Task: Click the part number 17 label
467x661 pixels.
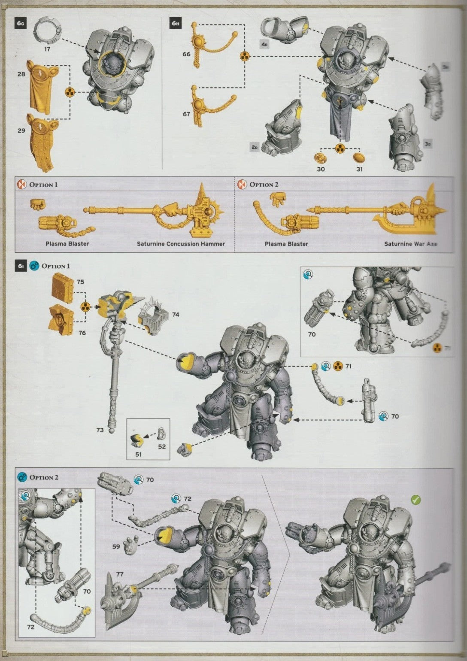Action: pyautogui.click(x=48, y=49)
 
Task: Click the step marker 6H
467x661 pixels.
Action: pyautogui.click(x=175, y=24)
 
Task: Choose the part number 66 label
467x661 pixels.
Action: pyautogui.click(x=186, y=54)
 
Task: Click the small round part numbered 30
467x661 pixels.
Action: pyautogui.click(x=321, y=158)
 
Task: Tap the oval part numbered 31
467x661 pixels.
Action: pyautogui.click(x=359, y=158)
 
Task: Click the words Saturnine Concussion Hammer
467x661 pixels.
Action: pyautogui.click(x=181, y=244)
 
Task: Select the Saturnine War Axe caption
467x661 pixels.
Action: pyautogui.click(x=410, y=244)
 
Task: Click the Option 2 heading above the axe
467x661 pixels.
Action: pyautogui.click(x=264, y=185)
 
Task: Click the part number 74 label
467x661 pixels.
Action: pyautogui.click(x=175, y=315)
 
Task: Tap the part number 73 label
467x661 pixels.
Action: pyautogui.click(x=100, y=429)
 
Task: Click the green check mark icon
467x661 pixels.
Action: pyautogui.click(x=415, y=499)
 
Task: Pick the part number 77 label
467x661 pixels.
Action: pyautogui.click(x=120, y=574)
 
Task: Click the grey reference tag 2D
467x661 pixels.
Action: pyautogui.click(x=255, y=148)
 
